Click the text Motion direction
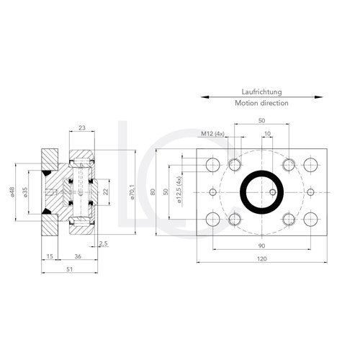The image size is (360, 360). pos(261,103)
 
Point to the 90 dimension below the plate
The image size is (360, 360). pos(261,246)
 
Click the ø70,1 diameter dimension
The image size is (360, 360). pos(131,192)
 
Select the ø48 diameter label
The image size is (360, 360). pos(13,192)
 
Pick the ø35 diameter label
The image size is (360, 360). pos(24,192)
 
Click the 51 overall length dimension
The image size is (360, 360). pos(70,269)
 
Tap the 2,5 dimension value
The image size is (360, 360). pos(103,243)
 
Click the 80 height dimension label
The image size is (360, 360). pos(153,192)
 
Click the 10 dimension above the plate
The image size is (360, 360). pos(267,133)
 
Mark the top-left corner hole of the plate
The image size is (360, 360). pos(212,166)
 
